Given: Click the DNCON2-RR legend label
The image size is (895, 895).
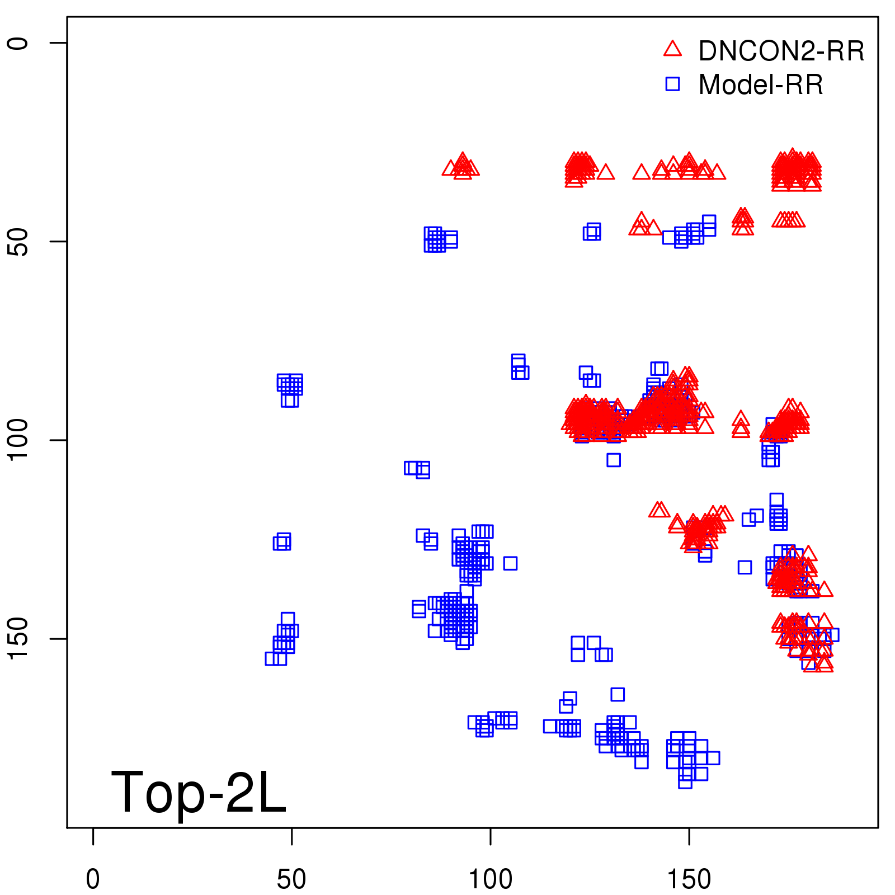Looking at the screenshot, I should (781, 51).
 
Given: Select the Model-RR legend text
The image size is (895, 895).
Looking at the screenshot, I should (761, 85).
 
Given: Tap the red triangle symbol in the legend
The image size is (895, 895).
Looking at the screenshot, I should (672, 49).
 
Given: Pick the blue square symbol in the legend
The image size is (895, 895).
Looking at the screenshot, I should (672, 84).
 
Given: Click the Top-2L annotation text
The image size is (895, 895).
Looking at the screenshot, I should (199, 792).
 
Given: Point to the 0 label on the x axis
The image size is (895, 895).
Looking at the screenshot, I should (93, 879).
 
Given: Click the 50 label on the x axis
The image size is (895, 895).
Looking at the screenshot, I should (291, 879).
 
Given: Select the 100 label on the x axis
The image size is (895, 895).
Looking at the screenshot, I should (490, 879).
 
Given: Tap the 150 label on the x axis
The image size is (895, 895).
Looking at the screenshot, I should (689, 879).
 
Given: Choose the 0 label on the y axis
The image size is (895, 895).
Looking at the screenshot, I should (18, 43).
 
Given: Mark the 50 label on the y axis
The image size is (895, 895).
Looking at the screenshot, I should (18, 242).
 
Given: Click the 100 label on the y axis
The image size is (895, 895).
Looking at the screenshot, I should (18, 440).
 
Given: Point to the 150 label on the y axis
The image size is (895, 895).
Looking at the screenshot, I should (18, 639).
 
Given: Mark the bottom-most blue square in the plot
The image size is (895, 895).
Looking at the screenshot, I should (685, 781).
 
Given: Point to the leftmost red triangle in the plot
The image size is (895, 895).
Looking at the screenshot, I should (450, 168).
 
